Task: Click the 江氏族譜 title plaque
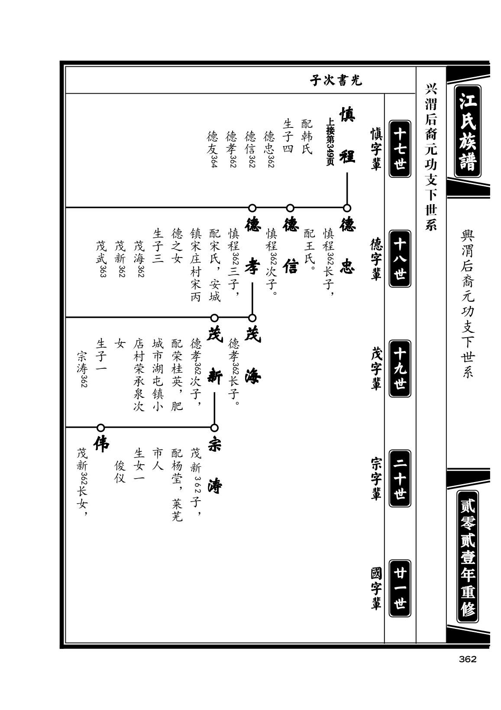point(467,131)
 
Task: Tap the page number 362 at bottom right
point(467,659)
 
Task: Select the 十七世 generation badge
point(400,149)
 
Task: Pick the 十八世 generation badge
point(400,259)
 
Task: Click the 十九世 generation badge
point(400,368)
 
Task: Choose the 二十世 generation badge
point(400,479)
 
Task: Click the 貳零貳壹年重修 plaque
point(467,557)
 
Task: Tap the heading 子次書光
point(336,81)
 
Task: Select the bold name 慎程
point(347,135)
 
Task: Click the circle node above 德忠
point(347,208)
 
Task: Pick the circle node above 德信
point(290,208)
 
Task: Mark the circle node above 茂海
point(252,318)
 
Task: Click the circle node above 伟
point(101,428)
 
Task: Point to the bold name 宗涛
point(215,466)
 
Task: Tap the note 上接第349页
point(330,141)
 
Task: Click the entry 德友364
point(212,149)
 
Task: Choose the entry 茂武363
point(101,259)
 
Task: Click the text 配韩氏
point(307,137)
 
